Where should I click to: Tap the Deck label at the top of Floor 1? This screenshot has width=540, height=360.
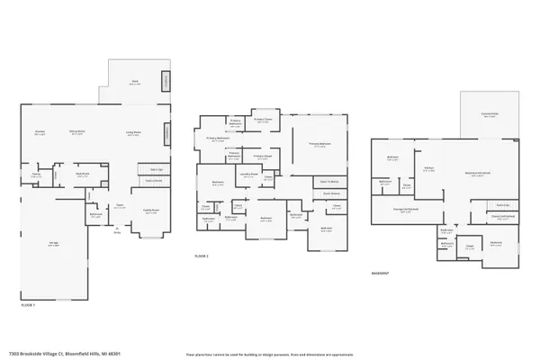click(x=135, y=81)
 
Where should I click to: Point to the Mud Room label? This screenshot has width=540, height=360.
click(x=83, y=175)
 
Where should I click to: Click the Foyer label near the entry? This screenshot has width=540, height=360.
click(x=118, y=206)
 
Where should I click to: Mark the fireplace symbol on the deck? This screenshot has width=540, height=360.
click(x=166, y=84)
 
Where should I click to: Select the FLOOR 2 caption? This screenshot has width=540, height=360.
click(x=202, y=256)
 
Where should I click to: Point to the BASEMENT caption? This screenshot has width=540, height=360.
click(x=381, y=274)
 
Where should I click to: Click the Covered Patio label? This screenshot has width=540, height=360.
click(x=490, y=114)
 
